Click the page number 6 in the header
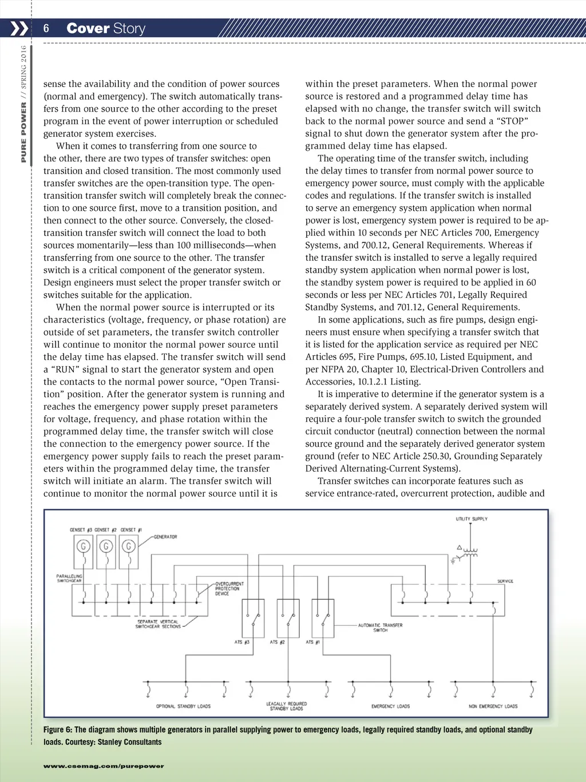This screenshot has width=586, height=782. (46, 29)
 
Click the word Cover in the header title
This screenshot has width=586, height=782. (88, 29)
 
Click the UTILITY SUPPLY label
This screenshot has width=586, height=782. (472, 519)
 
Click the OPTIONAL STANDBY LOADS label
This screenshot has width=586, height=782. (183, 706)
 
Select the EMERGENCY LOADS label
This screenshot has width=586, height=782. (390, 706)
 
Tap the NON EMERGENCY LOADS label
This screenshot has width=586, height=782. (493, 706)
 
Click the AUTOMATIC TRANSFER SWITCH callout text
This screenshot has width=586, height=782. (380, 627)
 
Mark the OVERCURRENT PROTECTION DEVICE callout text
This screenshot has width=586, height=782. (229, 588)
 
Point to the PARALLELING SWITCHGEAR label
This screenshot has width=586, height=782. (69, 578)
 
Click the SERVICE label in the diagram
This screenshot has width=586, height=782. (505, 581)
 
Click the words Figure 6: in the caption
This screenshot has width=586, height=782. (58, 730)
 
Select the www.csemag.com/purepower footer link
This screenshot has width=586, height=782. (104, 766)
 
